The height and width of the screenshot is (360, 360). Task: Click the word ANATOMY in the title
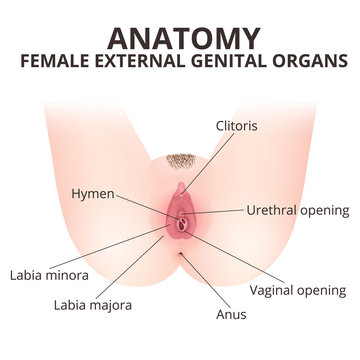(x=180, y=37)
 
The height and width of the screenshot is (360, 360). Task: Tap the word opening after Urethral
(x=324, y=212)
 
